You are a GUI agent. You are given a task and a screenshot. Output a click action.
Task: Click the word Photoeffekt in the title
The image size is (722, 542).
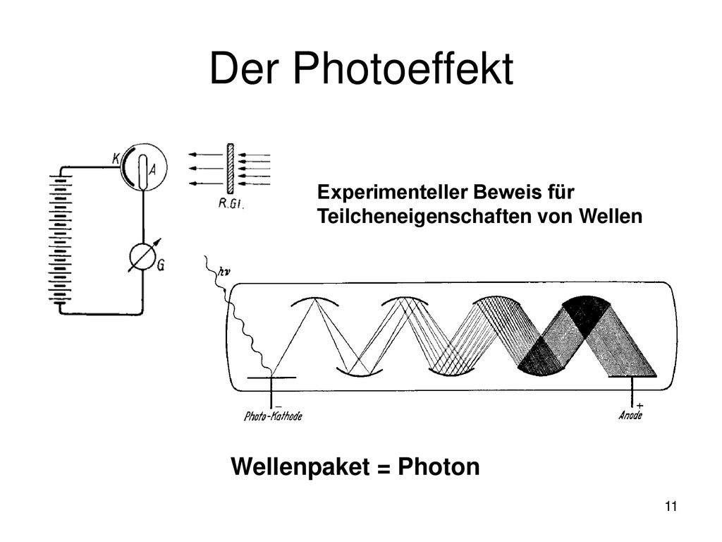403,68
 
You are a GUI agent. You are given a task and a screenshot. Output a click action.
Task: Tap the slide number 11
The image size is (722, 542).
671,507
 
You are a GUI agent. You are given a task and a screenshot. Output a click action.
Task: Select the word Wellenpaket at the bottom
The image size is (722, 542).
300,467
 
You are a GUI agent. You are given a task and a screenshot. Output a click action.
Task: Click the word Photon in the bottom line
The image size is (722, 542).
439,466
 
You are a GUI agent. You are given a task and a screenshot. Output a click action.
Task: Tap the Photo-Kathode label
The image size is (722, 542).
273,416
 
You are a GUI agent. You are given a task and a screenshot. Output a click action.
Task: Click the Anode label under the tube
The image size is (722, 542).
630,415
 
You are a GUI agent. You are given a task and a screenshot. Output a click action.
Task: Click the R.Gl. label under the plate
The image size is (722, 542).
231,204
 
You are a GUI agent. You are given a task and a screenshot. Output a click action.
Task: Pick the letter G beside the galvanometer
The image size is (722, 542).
161,265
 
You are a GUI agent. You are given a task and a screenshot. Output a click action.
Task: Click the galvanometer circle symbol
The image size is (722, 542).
143,257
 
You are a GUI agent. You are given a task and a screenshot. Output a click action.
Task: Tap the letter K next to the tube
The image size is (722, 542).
116,159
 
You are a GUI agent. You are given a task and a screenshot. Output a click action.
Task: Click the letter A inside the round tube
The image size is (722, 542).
152,170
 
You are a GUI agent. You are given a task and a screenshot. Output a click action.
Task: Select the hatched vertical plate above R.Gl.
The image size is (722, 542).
231,169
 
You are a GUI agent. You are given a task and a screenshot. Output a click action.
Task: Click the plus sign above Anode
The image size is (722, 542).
640,406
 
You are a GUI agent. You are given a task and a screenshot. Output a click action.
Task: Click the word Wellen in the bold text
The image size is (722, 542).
610,217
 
